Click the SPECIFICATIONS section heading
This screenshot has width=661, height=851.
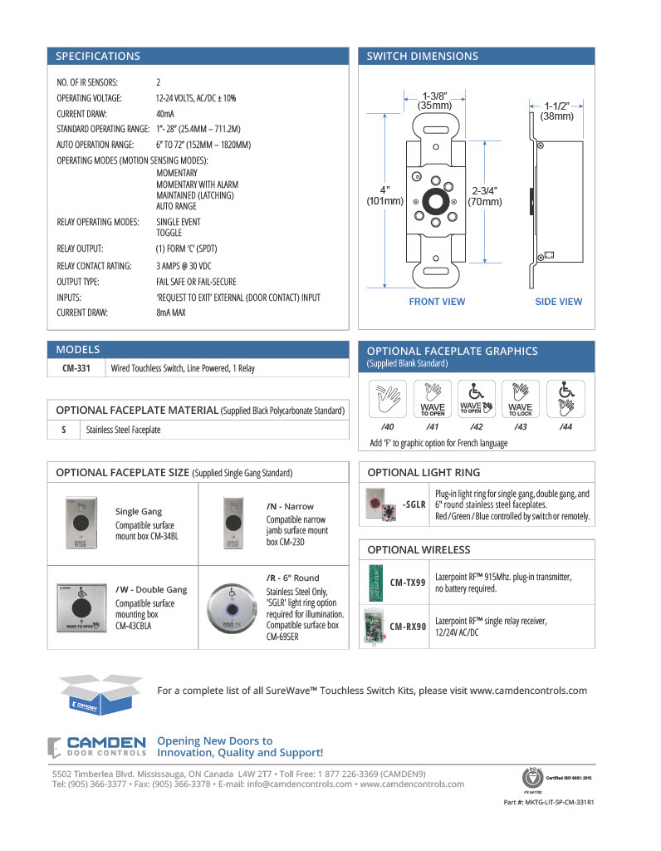click(x=98, y=57)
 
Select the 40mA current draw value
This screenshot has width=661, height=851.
click(x=165, y=113)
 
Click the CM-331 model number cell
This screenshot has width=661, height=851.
click(x=76, y=367)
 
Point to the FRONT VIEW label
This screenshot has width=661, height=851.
click(x=437, y=302)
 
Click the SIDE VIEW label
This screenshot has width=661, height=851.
click(x=558, y=302)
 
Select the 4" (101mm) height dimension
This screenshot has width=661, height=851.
click(x=385, y=195)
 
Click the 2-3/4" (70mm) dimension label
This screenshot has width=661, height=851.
click(x=485, y=195)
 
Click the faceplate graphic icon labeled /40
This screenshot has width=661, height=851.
click(x=387, y=400)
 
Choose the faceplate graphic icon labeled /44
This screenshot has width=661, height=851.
click(x=566, y=400)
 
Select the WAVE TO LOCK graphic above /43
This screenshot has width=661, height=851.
click(x=521, y=400)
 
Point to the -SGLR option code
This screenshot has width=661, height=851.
click(x=414, y=504)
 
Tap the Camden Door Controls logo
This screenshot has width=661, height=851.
click(x=97, y=746)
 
